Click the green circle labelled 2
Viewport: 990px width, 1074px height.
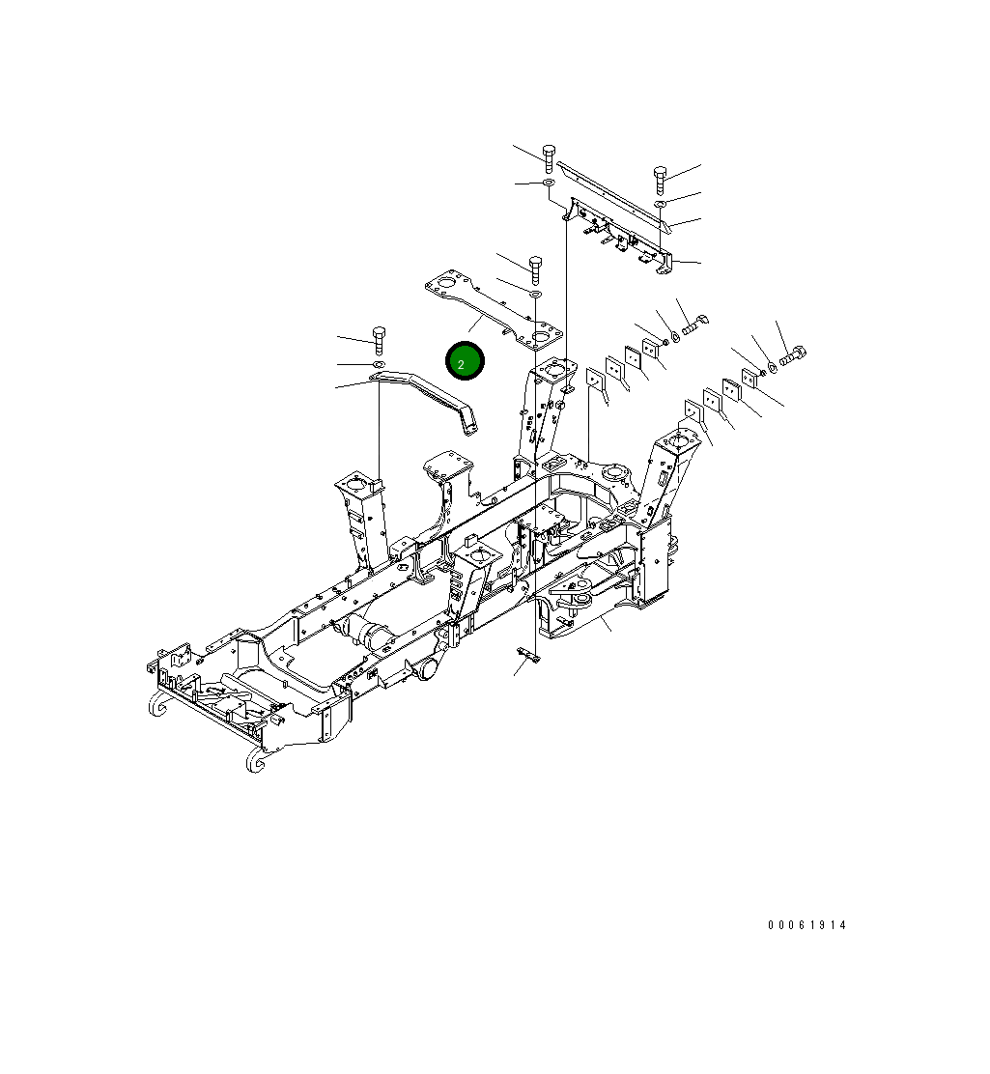(x=464, y=361)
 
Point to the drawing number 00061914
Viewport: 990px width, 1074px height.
(x=806, y=925)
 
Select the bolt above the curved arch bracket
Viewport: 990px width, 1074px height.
(x=379, y=337)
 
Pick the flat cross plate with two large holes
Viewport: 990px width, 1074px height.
(x=493, y=311)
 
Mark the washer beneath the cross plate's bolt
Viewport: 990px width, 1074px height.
(x=535, y=292)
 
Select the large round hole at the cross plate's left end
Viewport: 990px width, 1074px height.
(x=445, y=284)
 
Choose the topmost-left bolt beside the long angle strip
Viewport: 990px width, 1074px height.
(x=549, y=155)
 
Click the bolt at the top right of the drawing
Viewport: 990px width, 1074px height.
(x=661, y=179)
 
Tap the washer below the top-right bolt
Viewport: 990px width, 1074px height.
(x=661, y=205)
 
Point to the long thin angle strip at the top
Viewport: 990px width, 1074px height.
(x=613, y=191)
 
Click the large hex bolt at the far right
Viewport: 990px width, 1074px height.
(x=793, y=357)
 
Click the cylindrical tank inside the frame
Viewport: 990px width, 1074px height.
(x=370, y=633)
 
